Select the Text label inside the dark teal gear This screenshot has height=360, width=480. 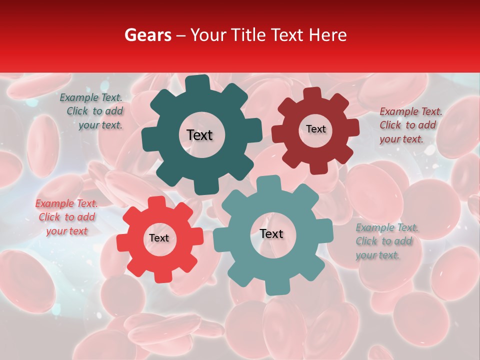point(199,135)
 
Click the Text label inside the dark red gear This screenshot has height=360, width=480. point(315,129)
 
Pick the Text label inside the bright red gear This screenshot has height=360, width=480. point(159,238)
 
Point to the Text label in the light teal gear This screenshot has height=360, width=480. point(271,233)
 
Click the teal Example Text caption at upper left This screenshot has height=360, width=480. point(91,111)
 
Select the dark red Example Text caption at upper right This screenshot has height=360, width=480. point(410,125)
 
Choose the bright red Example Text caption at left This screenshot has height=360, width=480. point(66,217)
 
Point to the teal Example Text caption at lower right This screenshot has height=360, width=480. point(386,241)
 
